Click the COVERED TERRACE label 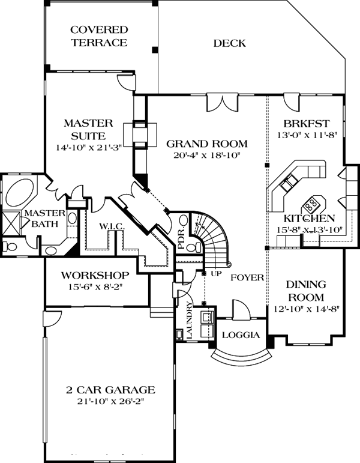pyautogui.click(x=99, y=36)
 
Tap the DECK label pyautogui.click(x=229, y=43)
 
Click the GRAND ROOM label pyautogui.click(x=207, y=144)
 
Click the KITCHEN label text pyautogui.click(x=310, y=218)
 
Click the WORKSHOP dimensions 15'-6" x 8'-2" pyautogui.click(x=97, y=288)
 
